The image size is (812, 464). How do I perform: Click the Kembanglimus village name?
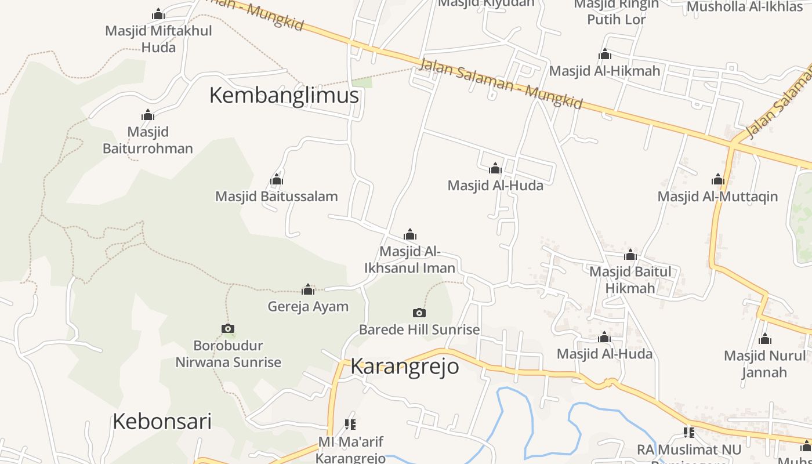click(x=284, y=95)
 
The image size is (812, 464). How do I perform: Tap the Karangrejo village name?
click(x=404, y=367)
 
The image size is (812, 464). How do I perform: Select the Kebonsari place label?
click(x=162, y=421)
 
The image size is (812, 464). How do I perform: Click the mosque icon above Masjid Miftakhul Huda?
click(x=158, y=14)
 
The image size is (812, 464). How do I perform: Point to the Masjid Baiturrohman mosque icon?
click(x=148, y=115)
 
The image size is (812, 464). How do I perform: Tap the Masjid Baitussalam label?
click(x=276, y=196)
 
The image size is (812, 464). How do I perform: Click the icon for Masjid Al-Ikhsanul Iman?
click(x=410, y=234)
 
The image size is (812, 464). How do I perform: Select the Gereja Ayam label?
click(x=308, y=306)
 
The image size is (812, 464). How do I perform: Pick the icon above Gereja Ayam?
click(x=308, y=289)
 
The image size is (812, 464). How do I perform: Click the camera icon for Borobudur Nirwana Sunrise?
click(x=228, y=329)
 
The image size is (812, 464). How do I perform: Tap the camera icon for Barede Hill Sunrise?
click(x=419, y=313)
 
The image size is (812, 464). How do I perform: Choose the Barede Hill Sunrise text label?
click(x=419, y=329)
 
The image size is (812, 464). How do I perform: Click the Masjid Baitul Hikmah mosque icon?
click(x=630, y=255)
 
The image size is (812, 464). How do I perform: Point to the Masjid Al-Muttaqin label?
click(x=717, y=197)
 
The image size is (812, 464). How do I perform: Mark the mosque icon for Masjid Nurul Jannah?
click(x=765, y=339)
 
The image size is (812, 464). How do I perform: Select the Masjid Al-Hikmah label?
click(x=604, y=71)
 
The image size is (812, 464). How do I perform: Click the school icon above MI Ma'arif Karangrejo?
click(x=350, y=425)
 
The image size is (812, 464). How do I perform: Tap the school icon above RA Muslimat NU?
click(x=689, y=432)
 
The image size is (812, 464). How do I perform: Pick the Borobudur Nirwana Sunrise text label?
click(x=229, y=354)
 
